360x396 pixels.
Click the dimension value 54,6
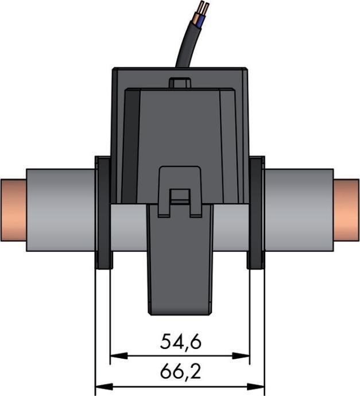tap(180, 342)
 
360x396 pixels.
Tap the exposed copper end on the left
tap(13, 209)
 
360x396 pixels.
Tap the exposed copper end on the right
tap(347, 209)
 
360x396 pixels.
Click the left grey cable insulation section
tap(60, 209)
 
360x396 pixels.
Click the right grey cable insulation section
tap(299, 209)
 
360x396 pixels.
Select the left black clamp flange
tap(103, 212)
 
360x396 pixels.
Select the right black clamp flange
tap(256, 212)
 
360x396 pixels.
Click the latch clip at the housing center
tap(180, 189)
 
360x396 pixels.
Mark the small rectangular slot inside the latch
tap(180, 195)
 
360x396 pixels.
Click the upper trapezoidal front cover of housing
tap(180, 126)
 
